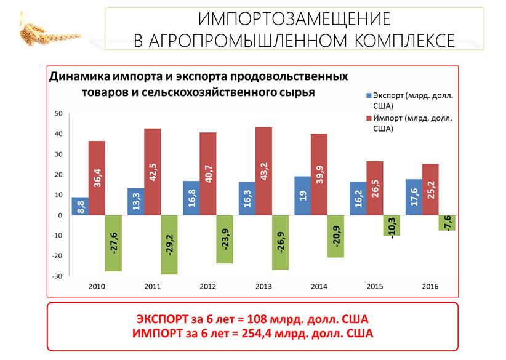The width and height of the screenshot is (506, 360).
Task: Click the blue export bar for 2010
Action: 80,206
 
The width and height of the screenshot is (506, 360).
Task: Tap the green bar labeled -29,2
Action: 169,245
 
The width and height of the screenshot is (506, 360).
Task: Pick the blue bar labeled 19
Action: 303,196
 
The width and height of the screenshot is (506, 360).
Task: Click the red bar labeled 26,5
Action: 375,188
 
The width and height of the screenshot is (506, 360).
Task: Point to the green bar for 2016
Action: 448,223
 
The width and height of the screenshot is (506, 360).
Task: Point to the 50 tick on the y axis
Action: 58,113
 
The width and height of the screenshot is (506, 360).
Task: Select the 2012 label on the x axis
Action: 209,286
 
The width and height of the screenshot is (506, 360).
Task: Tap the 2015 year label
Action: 375,286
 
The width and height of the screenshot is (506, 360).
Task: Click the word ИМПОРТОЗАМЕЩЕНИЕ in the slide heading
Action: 294,18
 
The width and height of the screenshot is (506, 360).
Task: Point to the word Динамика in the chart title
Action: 79,78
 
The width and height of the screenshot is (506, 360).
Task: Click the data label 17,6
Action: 414,196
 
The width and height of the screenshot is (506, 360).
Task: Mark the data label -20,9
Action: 336,236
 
